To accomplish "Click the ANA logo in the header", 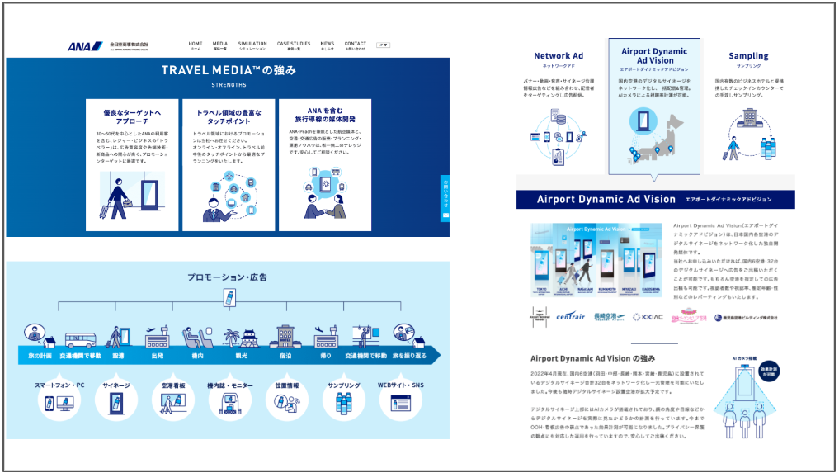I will point(79,46).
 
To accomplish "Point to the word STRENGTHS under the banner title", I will point(229,85).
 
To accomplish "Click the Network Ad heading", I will point(559,56).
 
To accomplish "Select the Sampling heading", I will point(748,56).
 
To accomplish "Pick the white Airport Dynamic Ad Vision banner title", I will point(606,200).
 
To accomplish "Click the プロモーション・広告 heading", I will point(227,277).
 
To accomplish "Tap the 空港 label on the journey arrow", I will point(118,356).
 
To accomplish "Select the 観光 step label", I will point(240,356).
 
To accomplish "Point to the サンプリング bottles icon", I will point(342,403).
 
